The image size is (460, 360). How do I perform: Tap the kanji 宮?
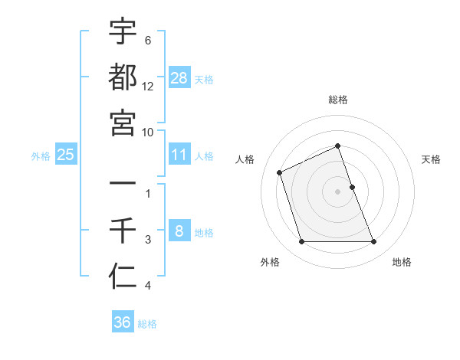(x=123, y=123)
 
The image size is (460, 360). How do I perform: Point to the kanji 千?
(x=123, y=231)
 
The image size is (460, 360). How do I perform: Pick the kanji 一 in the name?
(x=123, y=185)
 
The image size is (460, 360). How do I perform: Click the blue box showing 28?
(x=179, y=77)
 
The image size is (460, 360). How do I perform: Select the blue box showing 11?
(x=179, y=155)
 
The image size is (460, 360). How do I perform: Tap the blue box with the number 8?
(x=179, y=231)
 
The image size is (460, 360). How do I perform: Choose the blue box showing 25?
(x=66, y=155)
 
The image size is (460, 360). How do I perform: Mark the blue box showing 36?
(x=123, y=322)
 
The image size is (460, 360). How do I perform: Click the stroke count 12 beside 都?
(x=148, y=87)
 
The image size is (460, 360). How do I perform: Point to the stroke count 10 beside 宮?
(x=148, y=132)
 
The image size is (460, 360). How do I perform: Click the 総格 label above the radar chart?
(x=338, y=100)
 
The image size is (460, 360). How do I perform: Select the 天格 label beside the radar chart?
(x=432, y=159)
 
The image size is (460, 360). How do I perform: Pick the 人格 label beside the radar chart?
(x=245, y=159)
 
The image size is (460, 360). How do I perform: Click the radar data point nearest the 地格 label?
(x=374, y=242)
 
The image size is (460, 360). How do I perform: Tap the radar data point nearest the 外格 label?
(x=301, y=242)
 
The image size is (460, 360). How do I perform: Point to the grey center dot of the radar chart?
(x=338, y=191)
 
